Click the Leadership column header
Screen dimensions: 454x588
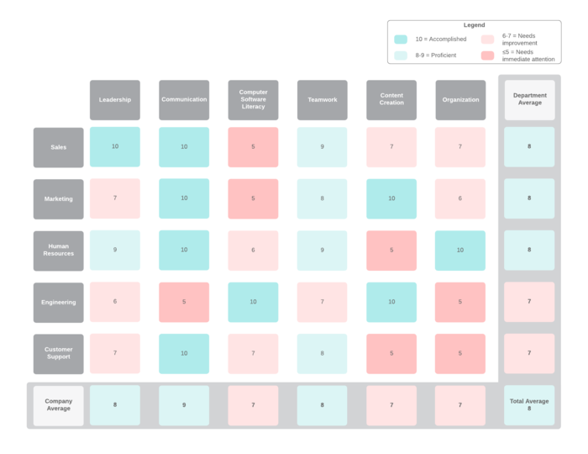[115, 100]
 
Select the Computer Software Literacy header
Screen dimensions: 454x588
[253, 100]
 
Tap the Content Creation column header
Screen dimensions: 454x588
[391, 100]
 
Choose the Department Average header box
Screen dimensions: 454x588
[529, 100]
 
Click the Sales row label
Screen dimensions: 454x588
[59, 147]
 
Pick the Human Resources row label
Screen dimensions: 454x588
[59, 251]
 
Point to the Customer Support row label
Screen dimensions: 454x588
[59, 353]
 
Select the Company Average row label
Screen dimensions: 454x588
[59, 405]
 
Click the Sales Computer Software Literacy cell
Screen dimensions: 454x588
[253, 147]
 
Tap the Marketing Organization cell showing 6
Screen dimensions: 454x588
[460, 199]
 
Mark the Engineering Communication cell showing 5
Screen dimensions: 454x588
[184, 302]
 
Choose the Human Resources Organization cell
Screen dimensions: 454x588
[460, 251]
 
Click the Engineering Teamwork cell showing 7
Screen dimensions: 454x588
[322, 302]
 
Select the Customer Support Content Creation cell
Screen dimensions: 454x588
[391, 353]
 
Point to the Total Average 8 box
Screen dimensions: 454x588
[529, 405]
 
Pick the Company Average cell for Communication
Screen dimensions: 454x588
[184, 405]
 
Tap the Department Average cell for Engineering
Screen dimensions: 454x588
[529, 302]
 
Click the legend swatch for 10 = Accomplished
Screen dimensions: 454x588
[401, 40]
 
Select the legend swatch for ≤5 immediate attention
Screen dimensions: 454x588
[487, 55]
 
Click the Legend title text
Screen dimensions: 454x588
[474, 25]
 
